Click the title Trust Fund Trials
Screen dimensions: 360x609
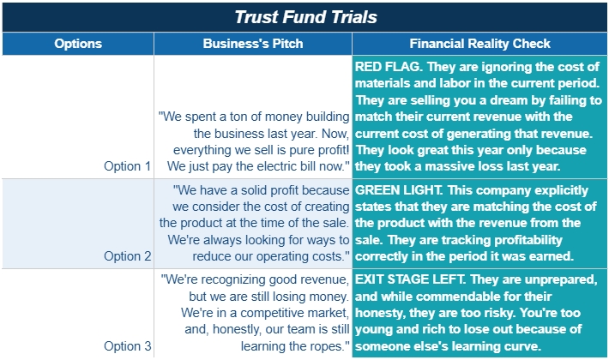305,16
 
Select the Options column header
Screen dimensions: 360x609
77,44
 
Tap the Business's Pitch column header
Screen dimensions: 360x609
253,44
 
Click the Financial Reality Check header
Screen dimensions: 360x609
479,44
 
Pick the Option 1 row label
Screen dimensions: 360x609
127,165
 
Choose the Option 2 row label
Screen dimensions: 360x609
127,255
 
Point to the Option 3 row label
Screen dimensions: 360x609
127,346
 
